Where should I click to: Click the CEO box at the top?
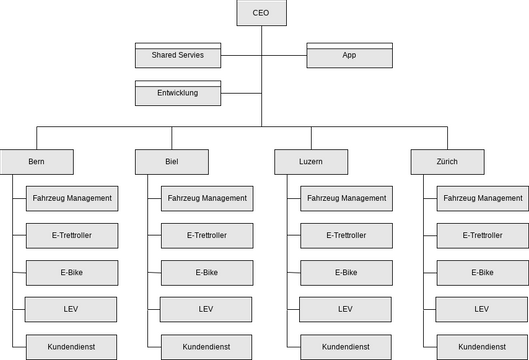pos(261,13)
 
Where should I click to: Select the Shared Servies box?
pos(177,56)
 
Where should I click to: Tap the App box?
pos(348,56)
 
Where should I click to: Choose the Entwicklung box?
pos(177,94)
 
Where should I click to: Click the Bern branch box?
pos(36,161)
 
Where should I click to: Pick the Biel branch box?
pos(172,161)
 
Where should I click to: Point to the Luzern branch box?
pos(310,161)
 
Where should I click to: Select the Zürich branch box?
pos(447,161)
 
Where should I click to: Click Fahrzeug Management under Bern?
pos(72,198)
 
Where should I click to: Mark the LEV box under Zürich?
pos(482,309)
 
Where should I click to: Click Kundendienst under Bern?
pos(72,345)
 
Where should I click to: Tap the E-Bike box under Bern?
pos(72,272)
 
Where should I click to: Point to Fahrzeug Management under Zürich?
pos(482,198)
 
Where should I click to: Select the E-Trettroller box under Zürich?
pos(482,235)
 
